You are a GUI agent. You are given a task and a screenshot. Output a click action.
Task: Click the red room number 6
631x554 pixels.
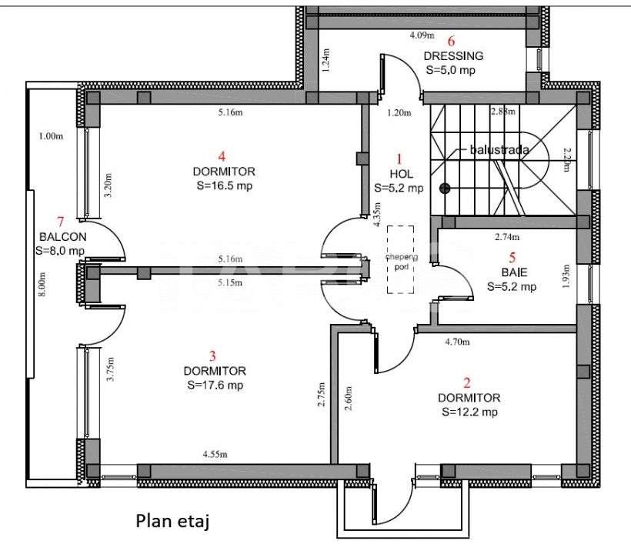coord(452,41)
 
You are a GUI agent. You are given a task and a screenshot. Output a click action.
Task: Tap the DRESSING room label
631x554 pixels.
coord(453,55)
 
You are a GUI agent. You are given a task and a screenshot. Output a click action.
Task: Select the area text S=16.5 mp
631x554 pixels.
coord(225,185)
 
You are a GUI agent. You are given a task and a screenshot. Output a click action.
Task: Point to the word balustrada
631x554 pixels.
coord(499,150)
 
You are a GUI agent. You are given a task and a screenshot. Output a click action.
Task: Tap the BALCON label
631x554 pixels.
coord(60,236)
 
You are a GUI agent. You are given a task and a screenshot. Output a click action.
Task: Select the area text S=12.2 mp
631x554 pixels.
coord(469,412)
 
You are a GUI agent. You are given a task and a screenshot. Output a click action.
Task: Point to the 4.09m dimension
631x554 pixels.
coord(422,35)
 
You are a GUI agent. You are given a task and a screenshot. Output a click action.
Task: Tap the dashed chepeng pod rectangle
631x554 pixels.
coord(400,259)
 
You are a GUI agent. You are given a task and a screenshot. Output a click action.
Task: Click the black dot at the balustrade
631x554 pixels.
coord(444,188)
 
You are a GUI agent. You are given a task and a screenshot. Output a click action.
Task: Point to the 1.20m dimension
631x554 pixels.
coord(399,113)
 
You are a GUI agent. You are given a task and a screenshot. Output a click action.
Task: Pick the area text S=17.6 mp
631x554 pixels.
coord(214,385)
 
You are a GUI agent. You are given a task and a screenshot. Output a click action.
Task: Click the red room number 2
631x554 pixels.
coord(466,382)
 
